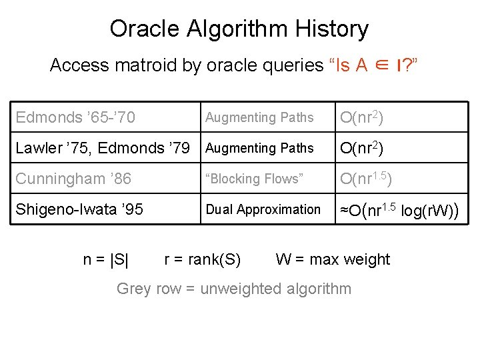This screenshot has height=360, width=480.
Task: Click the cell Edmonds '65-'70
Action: pos(75,118)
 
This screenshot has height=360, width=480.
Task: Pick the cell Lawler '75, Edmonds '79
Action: pos(103,148)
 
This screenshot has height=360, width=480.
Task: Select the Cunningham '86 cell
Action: pos(73,179)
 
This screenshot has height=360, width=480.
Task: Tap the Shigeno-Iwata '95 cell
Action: pos(79,209)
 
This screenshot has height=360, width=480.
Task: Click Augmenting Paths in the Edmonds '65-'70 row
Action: pos(259,118)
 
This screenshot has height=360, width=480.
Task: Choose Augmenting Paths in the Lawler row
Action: pos(259,148)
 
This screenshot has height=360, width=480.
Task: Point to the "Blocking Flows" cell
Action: pos(254,179)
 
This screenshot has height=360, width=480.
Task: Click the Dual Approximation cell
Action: pos(263,209)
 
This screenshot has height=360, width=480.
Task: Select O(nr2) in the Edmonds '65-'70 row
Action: pos(361,118)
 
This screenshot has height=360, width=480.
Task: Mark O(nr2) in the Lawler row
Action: pos(361,148)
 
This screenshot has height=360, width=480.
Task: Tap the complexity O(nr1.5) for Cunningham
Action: pos(365,179)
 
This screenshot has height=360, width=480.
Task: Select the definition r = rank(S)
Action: pos(203,259)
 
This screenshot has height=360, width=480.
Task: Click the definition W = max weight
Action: pos(333,259)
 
